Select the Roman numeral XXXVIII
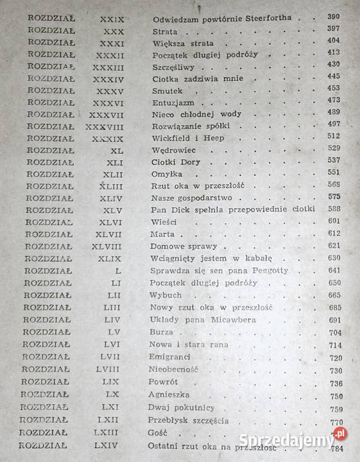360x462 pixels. click(x=104, y=126)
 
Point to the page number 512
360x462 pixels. click(x=334, y=137)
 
